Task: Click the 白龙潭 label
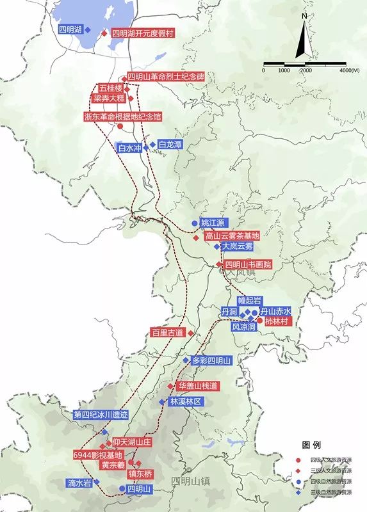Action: click(x=169, y=145)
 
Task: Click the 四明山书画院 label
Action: click(x=249, y=264)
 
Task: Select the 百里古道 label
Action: click(x=167, y=333)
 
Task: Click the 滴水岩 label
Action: click(x=79, y=483)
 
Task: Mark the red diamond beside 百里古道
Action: click(x=190, y=333)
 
